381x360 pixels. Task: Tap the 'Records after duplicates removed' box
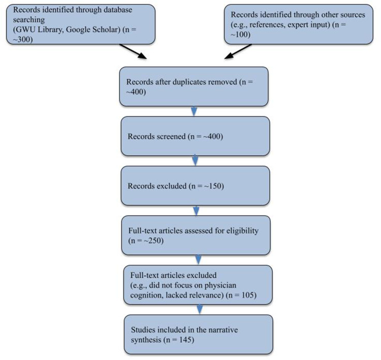click(194, 86)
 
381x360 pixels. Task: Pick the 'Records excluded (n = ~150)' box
click(194, 187)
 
